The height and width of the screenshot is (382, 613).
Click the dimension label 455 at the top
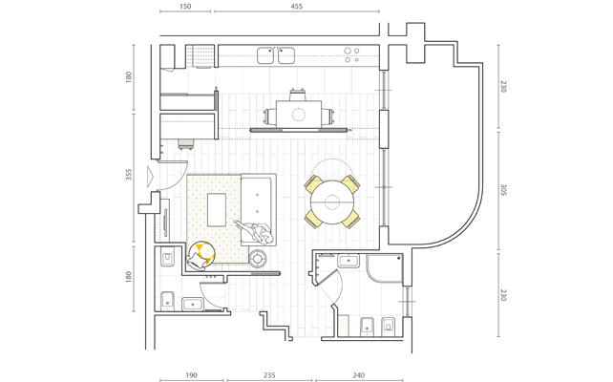(x=296, y=7)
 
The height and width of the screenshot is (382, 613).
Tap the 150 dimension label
(x=185, y=7)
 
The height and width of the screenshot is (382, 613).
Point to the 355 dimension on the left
(x=129, y=175)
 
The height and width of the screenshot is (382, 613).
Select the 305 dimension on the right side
(x=503, y=190)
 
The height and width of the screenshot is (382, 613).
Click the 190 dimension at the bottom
(x=191, y=375)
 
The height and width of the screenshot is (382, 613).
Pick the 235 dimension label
(x=269, y=375)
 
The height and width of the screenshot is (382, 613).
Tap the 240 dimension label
(x=358, y=375)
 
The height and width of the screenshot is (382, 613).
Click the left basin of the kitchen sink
(x=265, y=55)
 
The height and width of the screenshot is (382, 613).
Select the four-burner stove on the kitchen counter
(x=351, y=55)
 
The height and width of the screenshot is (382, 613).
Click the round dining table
(x=332, y=202)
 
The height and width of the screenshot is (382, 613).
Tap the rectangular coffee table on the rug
(x=217, y=209)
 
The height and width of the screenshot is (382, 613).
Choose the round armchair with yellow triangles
(x=201, y=255)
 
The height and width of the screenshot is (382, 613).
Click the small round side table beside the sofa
(x=258, y=258)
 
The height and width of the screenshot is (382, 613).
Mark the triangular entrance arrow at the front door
(x=151, y=176)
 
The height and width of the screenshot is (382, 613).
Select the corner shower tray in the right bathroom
(x=385, y=268)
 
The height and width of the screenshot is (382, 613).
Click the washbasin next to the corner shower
(x=349, y=261)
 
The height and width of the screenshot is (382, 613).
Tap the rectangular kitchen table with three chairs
(x=299, y=114)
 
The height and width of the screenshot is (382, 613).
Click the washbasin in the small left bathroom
(x=192, y=305)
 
